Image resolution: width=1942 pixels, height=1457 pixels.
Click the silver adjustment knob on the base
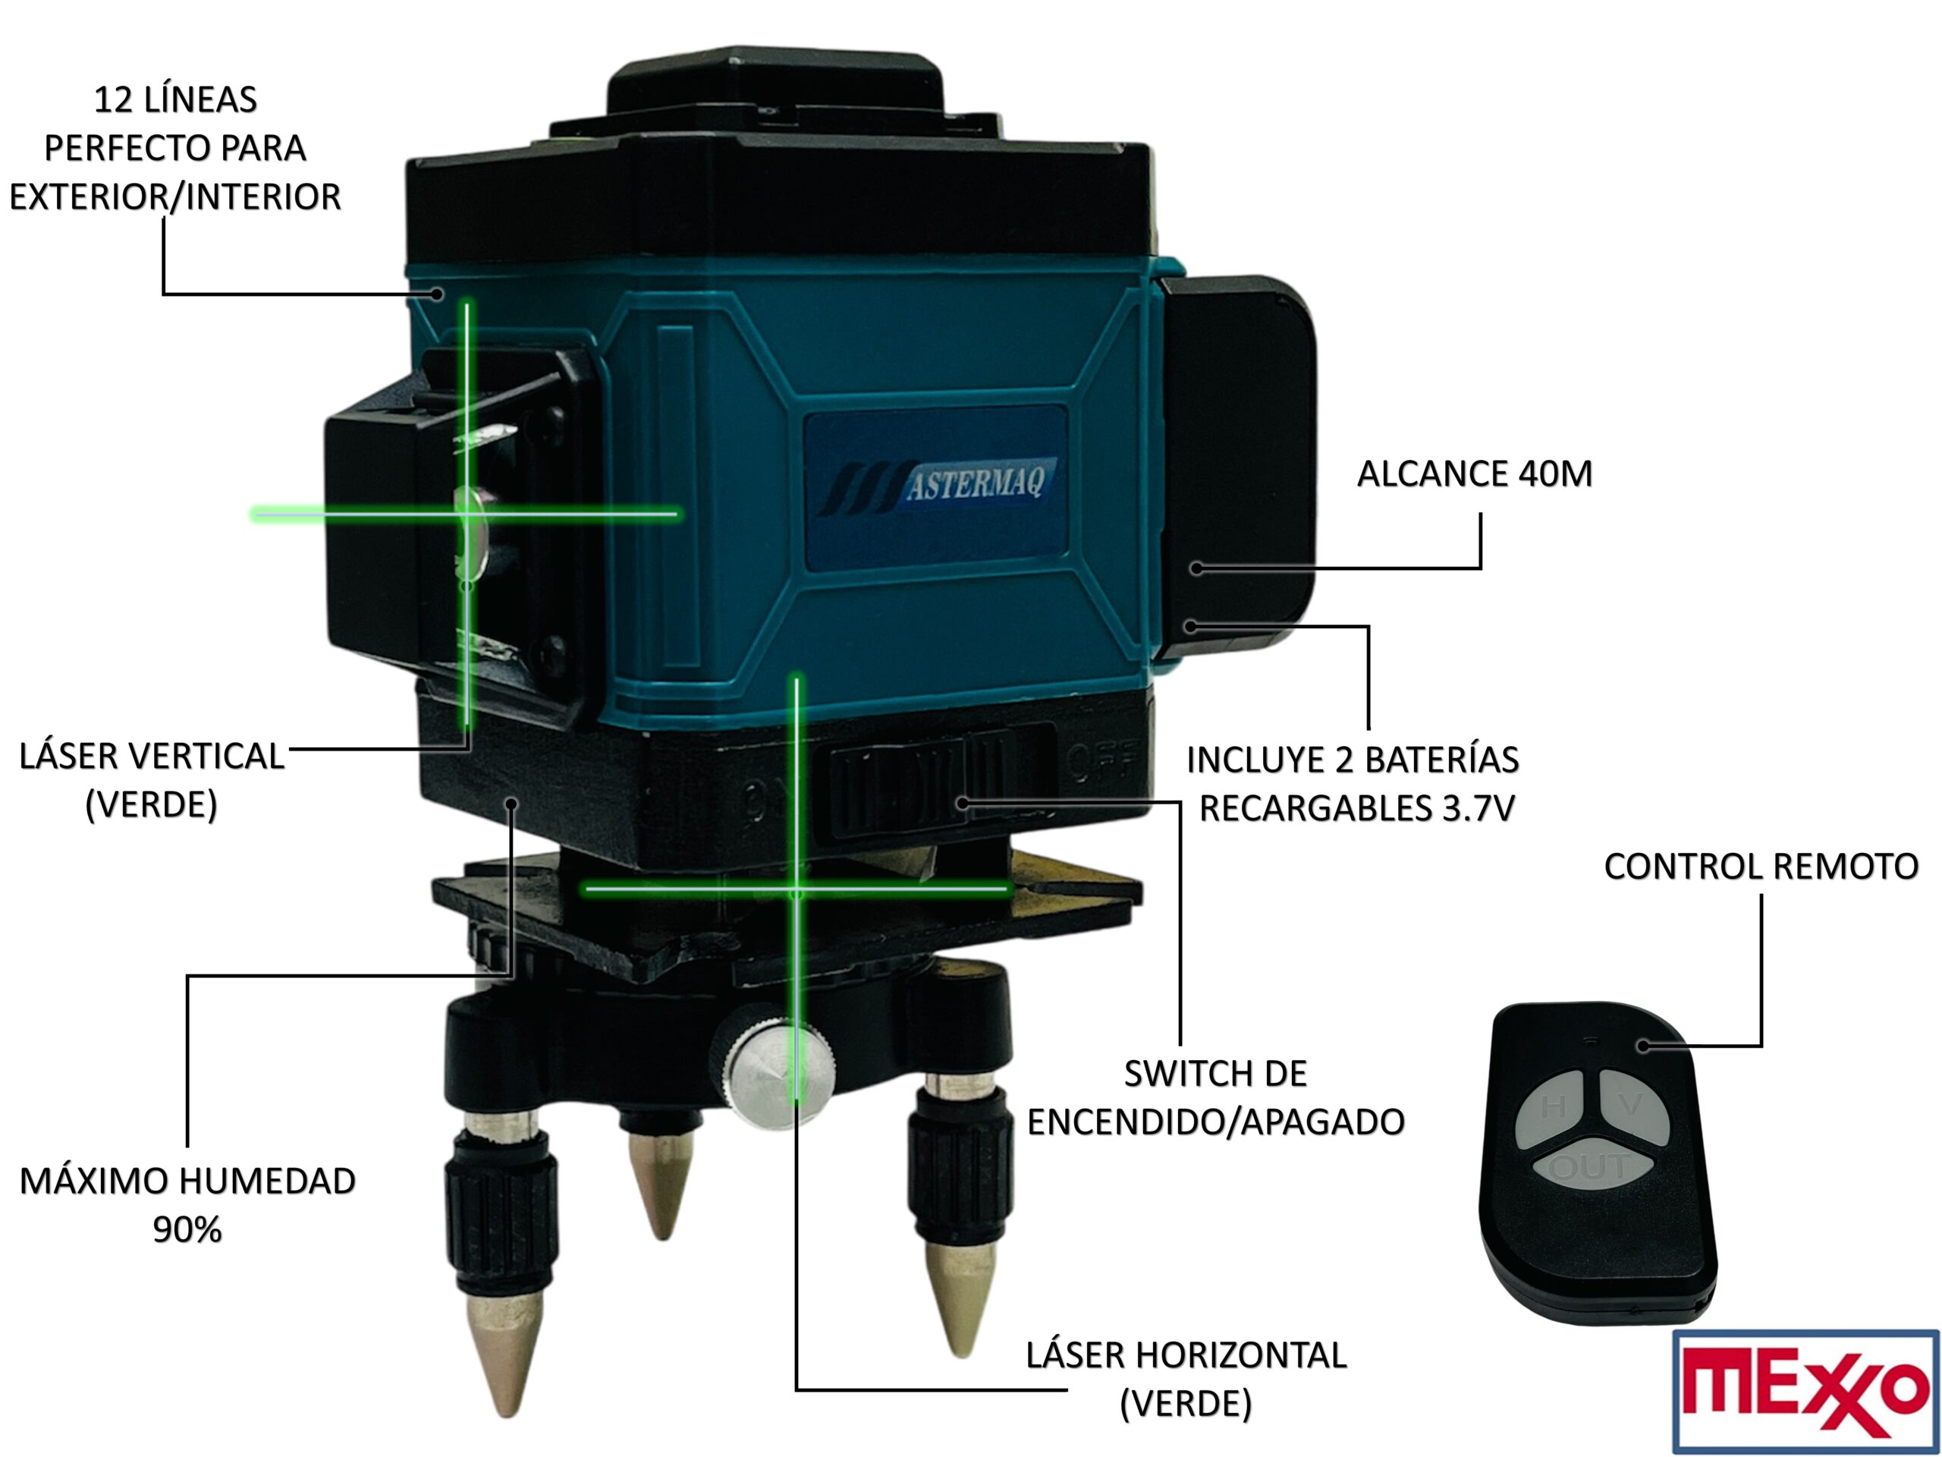tap(779, 1070)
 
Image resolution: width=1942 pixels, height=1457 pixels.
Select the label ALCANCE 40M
tap(1474, 474)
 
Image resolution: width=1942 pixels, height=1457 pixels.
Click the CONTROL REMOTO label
tap(1760, 867)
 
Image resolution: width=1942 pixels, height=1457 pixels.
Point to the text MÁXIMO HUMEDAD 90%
tap(187, 1206)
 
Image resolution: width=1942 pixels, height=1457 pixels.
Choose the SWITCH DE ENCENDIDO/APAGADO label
tap(1215, 1098)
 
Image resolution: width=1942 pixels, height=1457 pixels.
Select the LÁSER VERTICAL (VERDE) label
tap(152, 781)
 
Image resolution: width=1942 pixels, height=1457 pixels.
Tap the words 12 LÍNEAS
tap(174, 100)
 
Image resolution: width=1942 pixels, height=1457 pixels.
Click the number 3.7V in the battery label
tap(1479, 809)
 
